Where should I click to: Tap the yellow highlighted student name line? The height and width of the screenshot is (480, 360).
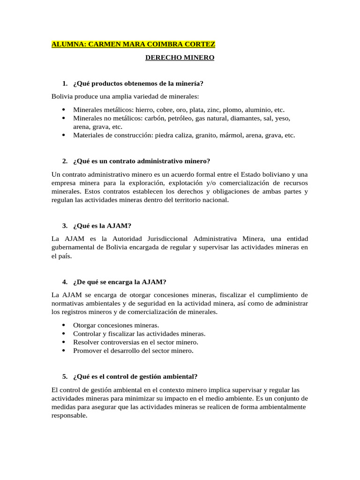tap(134, 45)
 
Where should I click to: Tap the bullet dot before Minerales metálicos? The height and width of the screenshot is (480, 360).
tap(64, 110)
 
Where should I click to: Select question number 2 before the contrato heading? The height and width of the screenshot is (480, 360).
tap(65, 161)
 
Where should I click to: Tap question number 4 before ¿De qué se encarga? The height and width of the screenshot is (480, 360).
tap(65, 282)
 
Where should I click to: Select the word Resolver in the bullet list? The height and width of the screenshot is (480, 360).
tap(86, 342)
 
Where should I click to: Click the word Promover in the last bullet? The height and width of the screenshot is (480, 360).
tap(87, 351)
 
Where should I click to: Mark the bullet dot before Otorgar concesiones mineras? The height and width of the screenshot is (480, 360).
tap(64, 325)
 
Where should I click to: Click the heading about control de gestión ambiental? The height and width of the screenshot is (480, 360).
tap(135, 376)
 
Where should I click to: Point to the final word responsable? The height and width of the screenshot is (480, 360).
tap(69, 415)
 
